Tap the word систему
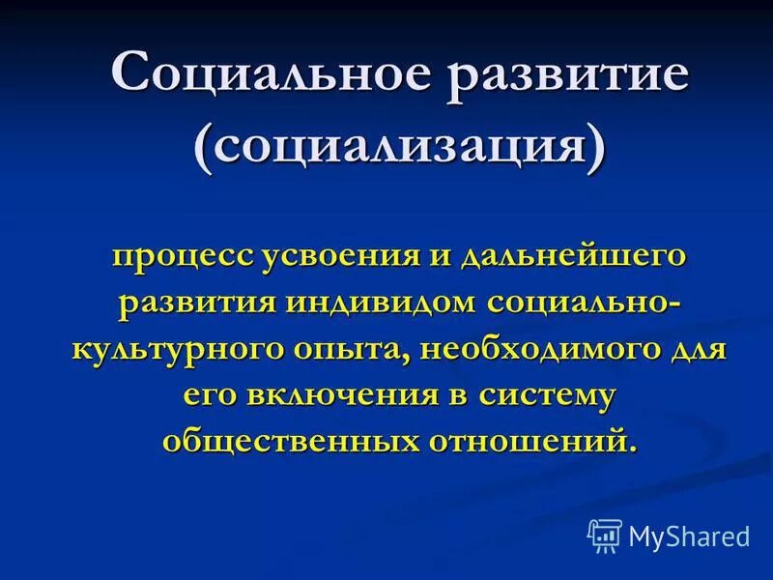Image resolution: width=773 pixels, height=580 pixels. (x=520, y=393)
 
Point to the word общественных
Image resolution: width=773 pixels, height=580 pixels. (x=287, y=440)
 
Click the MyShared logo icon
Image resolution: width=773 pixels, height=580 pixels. (x=604, y=535)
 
